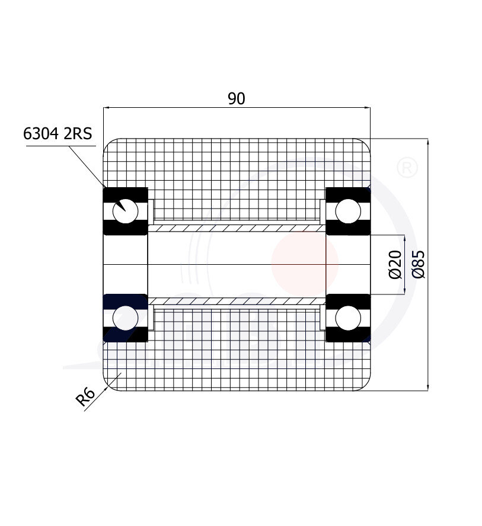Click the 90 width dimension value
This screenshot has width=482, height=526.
tap(237, 99)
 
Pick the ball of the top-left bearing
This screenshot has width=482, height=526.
tap(126, 211)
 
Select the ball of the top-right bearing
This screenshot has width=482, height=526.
tap(347, 211)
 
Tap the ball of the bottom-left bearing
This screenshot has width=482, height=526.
tap(126, 318)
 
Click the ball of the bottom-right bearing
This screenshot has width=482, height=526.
tap(347, 318)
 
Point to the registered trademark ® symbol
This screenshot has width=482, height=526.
tap(406, 167)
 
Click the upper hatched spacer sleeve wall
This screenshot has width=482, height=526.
tap(236, 228)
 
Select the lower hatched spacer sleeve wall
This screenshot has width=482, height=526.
tap(236, 301)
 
